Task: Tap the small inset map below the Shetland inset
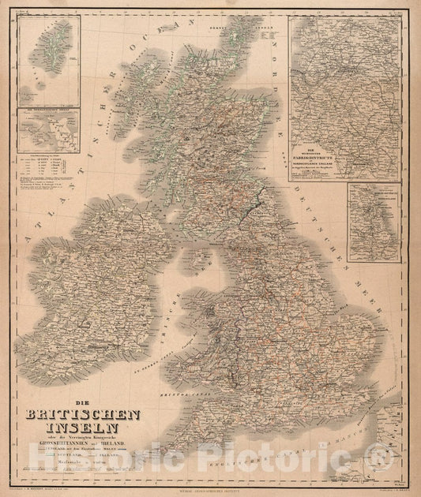point(50,130)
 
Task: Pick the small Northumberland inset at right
point(374,212)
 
